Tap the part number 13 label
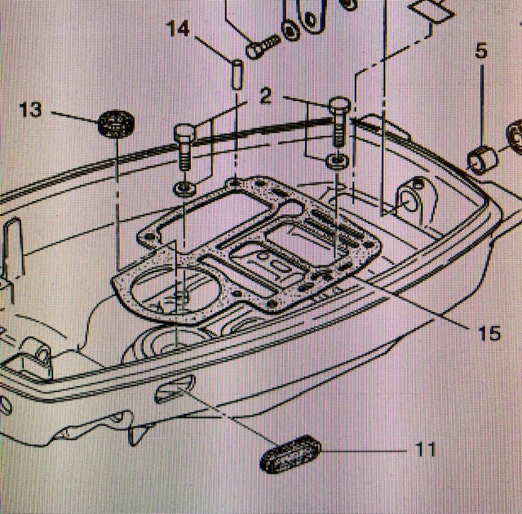(x=29, y=109)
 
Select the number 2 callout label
(x=265, y=94)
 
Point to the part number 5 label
(x=481, y=51)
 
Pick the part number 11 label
(x=424, y=449)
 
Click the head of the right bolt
(x=340, y=105)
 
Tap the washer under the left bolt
(x=184, y=189)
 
